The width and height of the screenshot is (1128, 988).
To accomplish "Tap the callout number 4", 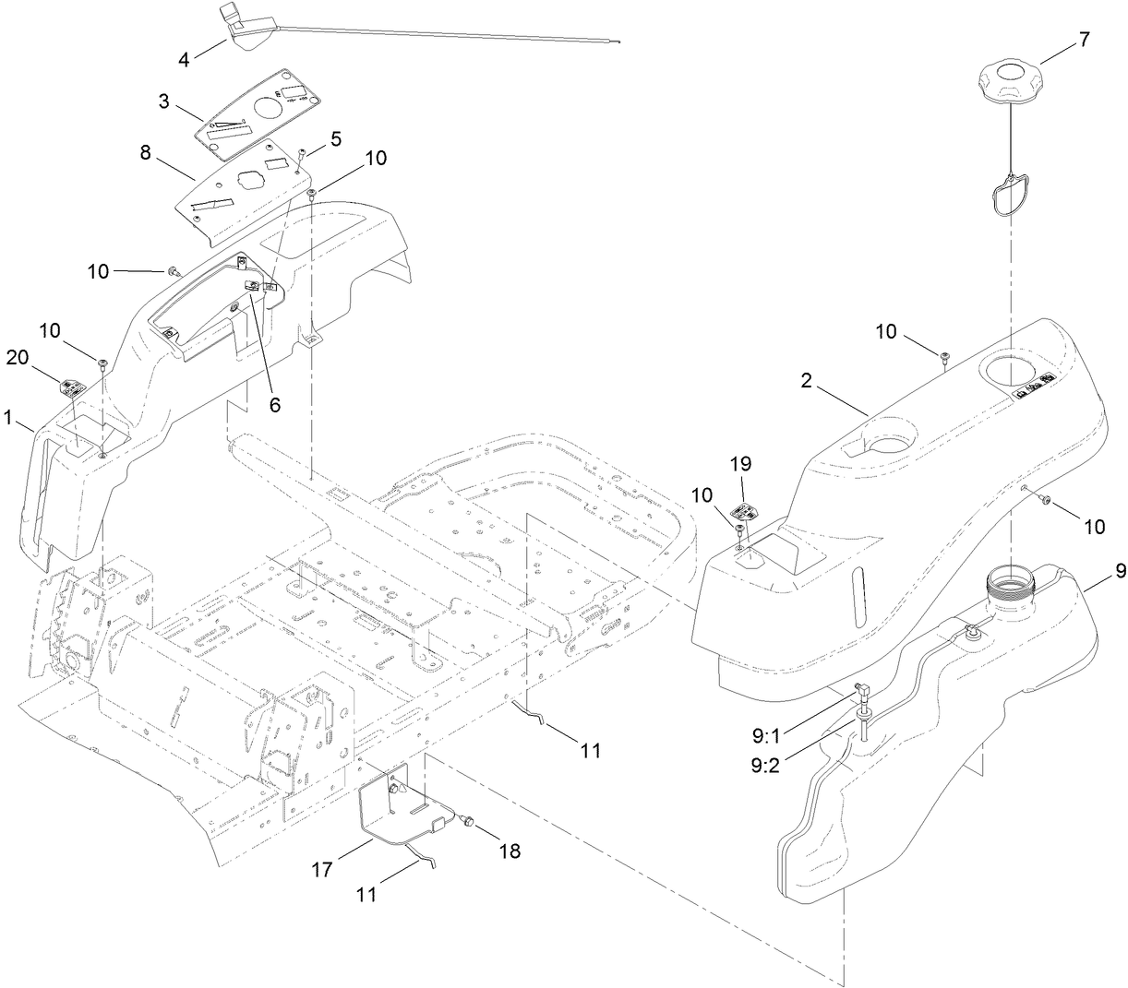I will [x=185, y=59].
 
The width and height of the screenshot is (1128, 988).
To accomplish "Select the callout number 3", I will [x=164, y=101].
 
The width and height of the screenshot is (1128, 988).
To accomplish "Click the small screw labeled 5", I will [x=303, y=156].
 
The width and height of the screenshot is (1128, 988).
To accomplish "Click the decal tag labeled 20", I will [x=71, y=387].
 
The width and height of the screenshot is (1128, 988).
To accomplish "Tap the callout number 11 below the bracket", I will [x=367, y=894].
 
